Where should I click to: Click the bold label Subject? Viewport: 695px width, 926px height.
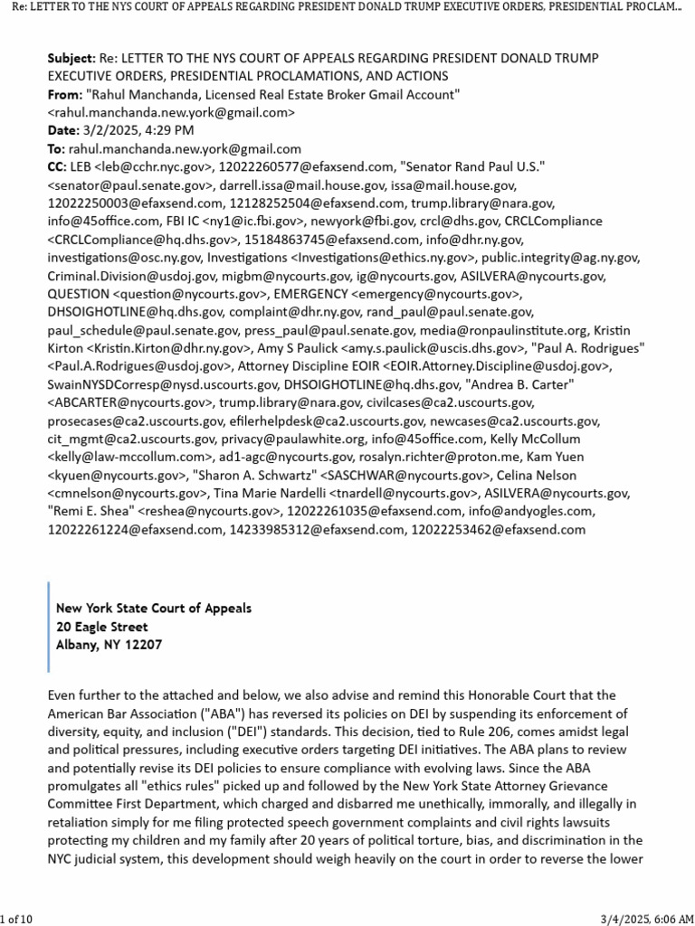71,59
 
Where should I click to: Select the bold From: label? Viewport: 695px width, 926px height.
63,95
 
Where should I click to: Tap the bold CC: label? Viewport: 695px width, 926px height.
57,167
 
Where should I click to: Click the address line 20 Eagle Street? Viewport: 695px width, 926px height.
101,627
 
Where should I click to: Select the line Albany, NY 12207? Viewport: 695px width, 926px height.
109,645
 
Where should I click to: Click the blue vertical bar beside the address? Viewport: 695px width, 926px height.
50,627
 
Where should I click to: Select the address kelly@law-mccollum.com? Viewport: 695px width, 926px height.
117,457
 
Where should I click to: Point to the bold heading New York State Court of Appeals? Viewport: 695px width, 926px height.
154,609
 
